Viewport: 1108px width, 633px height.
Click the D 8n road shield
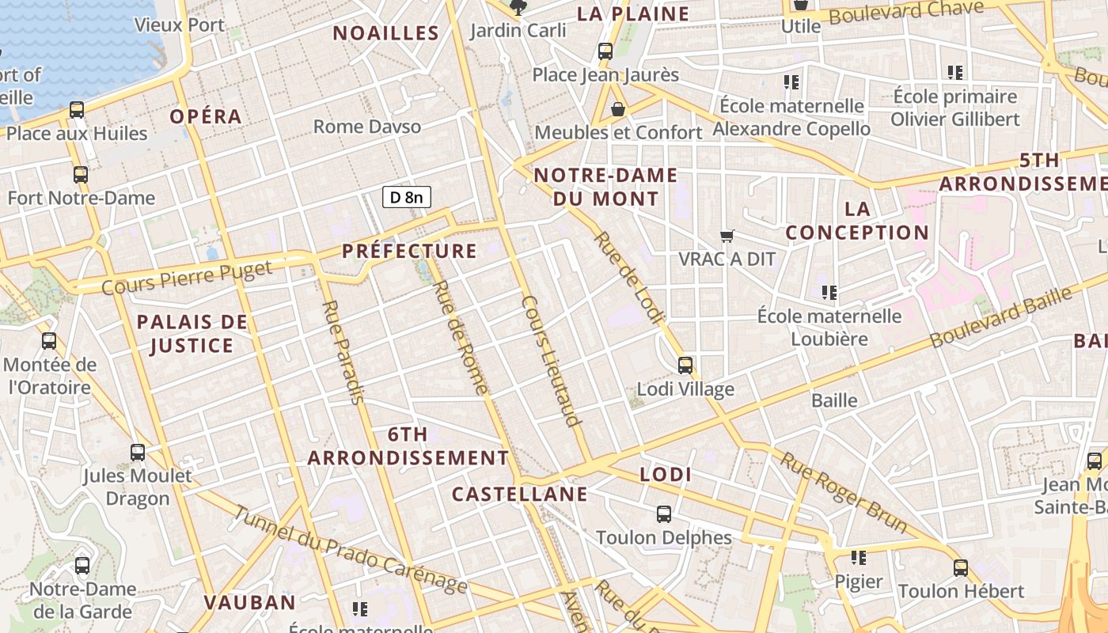tap(407, 197)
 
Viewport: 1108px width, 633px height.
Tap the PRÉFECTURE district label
tap(409, 252)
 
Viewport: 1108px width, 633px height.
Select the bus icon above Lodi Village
tap(685, 366)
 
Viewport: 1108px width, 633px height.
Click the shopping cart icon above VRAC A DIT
tap(727, 236)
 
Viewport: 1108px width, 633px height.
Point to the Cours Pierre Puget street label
tap(187, 275)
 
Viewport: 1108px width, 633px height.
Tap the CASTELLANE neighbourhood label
tap(519, 495)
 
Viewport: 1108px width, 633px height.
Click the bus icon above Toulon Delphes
tap(664, 514)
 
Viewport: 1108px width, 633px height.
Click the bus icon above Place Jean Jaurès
tap(605, 51)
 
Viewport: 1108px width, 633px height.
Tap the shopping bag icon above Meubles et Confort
tap(618, 109)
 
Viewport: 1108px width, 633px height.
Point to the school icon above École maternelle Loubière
tap(829, 293)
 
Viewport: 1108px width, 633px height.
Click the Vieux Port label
tap(180, 25)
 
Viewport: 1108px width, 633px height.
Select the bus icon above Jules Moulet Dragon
tap(138, 453)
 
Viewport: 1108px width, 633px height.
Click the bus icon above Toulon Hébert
tap(961, 568)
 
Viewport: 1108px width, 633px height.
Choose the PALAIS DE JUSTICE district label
tap(192, 333)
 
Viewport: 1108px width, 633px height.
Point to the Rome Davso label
tap(367, 127)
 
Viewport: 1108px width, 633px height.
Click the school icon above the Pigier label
tap(859, 559)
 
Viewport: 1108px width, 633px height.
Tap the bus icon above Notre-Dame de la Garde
tap(82, 566)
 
